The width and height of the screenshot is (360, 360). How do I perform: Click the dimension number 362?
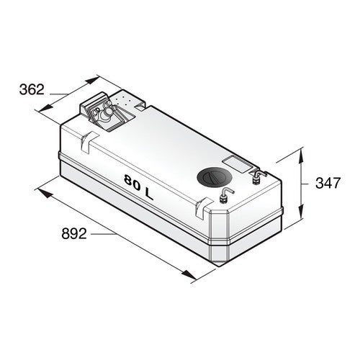tap(32, 90)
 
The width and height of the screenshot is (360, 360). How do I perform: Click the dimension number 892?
tap(74, 233)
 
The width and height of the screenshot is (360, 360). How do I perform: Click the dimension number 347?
tap(328, 183)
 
